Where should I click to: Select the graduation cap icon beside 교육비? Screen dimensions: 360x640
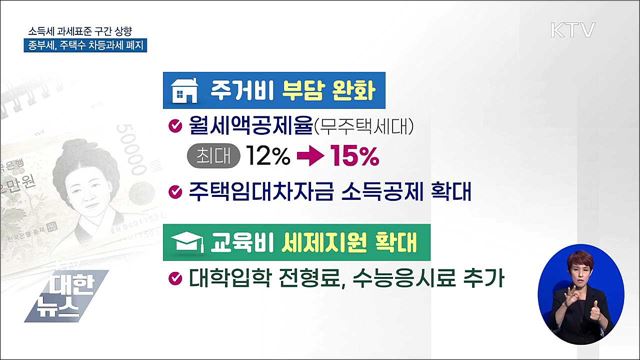pyautogui.click(x=185, y=243)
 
